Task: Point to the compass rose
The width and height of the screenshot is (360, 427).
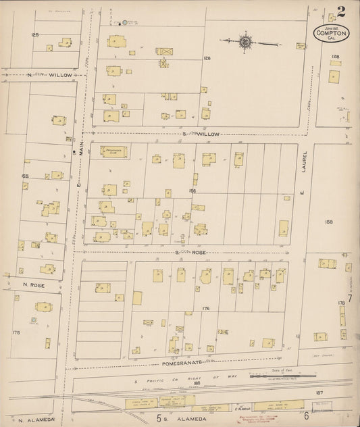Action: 245,43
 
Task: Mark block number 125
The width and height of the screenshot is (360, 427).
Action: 34,34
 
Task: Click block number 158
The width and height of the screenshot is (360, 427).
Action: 329,222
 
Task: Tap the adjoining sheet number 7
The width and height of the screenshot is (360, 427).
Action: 350,298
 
